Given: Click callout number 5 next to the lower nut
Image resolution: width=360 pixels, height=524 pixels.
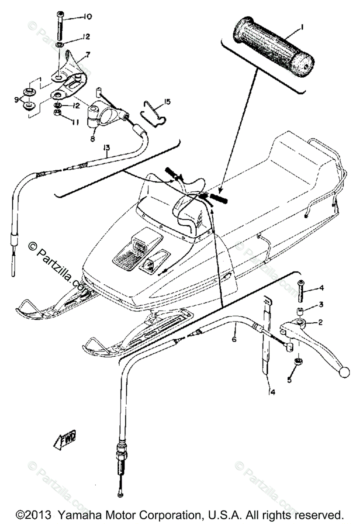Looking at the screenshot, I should (x=289, y=380).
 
